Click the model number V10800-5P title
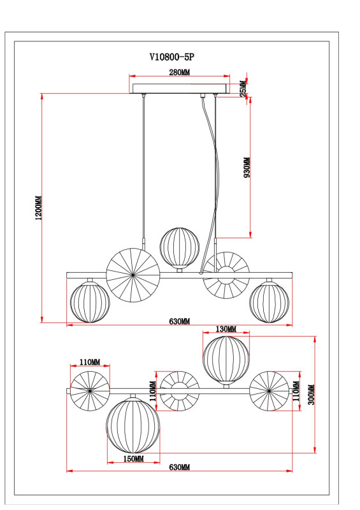[171, 57]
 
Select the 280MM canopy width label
[179, 72]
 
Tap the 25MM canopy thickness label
[242, 87]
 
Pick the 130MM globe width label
[226, 330]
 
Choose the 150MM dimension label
[133, 458]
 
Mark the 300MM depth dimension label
[310, 395]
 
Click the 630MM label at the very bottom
[179, 467]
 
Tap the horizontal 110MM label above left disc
[90, 362]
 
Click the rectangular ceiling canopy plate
[179, 87]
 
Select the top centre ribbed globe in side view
[179, 247]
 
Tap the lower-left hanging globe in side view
[89, 303]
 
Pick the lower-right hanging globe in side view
[268, 303]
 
